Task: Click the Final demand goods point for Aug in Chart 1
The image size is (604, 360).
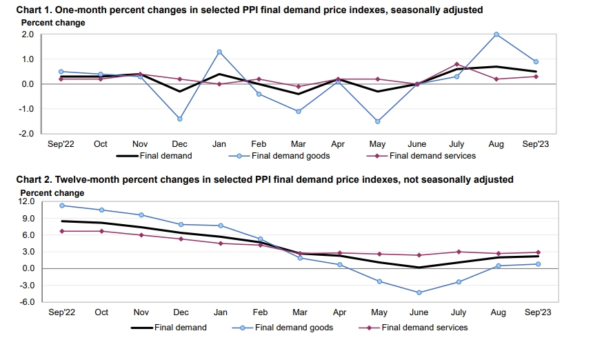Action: tap(496, 34)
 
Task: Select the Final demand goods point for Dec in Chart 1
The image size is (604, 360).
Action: tap(179, 119)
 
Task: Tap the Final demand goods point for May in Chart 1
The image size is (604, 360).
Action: tap(378, 121)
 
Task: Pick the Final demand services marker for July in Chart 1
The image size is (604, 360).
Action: tap(457, 64)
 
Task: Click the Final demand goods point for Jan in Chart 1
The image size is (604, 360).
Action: tap(219, 52)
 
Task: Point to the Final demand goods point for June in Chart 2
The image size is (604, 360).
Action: tap(419, 292)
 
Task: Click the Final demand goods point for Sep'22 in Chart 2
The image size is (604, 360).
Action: tap(61, 206)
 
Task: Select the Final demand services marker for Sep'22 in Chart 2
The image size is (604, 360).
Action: tap(61, 231)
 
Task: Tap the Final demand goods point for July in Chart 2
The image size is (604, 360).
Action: tap(459, 281)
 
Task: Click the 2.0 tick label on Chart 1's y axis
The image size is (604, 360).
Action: tap(28, 34)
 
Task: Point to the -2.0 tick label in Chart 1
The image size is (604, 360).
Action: tap(26, 134)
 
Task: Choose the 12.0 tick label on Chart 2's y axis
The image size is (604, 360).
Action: tap(26, 201)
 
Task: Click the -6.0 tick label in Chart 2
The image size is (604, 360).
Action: tap(26, 302)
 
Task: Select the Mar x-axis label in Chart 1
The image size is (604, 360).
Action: tap(299, 144)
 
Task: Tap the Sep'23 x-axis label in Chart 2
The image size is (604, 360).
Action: tap(538, 312)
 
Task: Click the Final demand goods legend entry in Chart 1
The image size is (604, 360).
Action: tap(290, 156)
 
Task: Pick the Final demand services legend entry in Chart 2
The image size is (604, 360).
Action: tap(424, 328)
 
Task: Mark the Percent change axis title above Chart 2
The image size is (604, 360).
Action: tap(52, 193)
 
